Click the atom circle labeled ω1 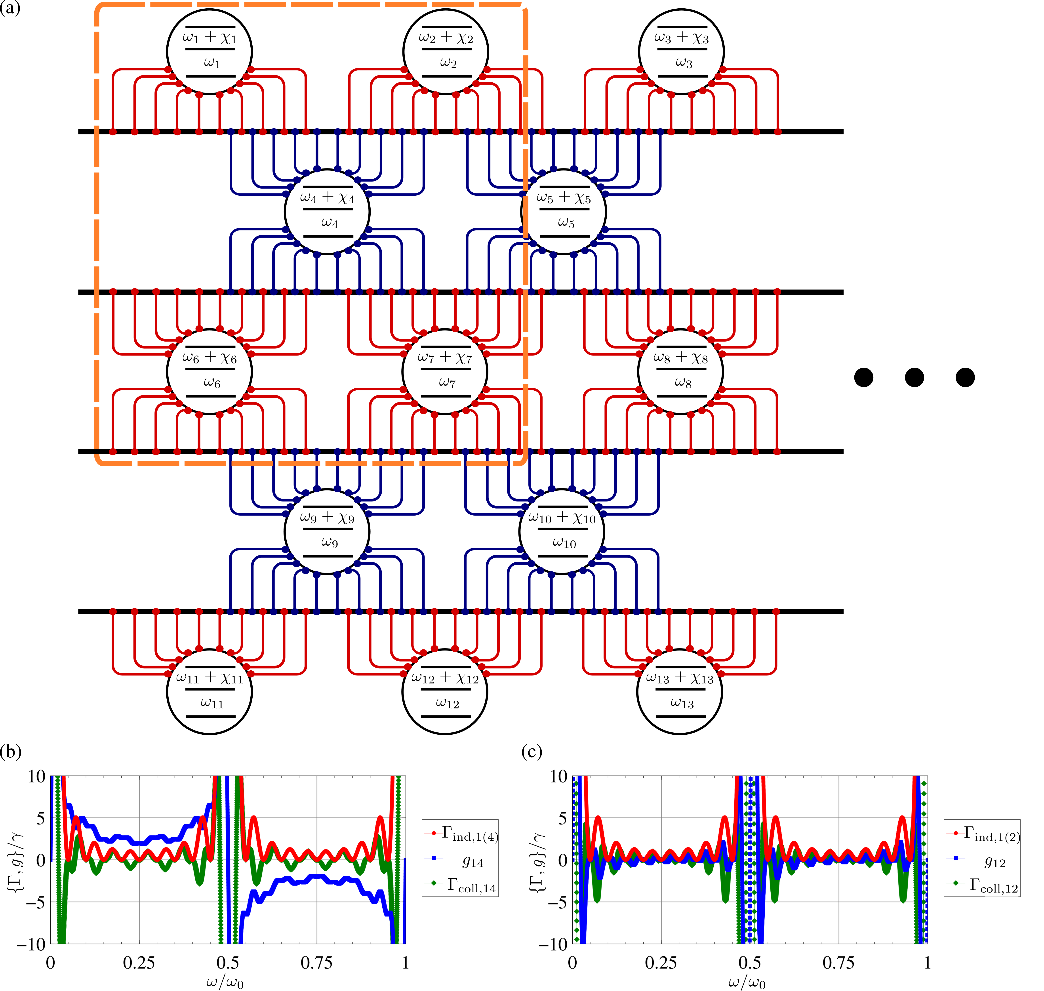tap(209, 51)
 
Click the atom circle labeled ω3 tap(681, 51)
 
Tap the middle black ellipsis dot tap(914, 377)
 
